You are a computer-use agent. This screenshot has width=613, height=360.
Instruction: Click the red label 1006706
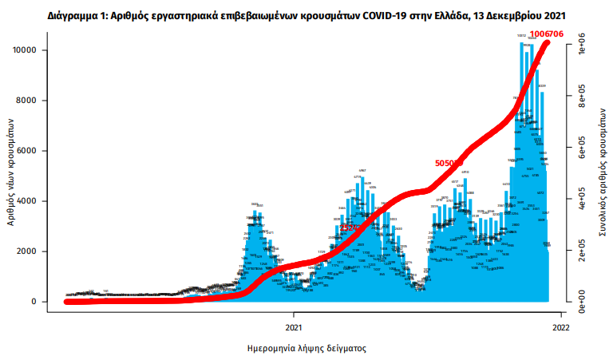tap(548, 33)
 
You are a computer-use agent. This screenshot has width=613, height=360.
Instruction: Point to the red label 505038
tap(449, 163)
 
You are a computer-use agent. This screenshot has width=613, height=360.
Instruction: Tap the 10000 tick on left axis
tap(32, 50)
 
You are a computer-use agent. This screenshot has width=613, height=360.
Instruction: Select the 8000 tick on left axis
tap(34, 101)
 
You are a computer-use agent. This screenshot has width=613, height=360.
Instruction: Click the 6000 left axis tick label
tap(34, 151)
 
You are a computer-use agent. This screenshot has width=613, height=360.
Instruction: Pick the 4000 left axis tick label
tap(34, 201)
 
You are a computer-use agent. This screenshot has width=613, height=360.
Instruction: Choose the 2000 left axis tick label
tap(34, 251)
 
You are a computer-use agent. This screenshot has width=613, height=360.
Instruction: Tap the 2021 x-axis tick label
tap(294, 326)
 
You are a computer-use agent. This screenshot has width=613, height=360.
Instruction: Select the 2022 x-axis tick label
tap(560, 326)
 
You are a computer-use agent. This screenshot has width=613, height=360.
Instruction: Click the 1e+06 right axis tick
tap(582, 46)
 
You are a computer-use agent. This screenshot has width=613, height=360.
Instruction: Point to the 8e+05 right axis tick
tap(582, 97)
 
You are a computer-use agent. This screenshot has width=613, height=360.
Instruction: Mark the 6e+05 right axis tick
tap(582, 149)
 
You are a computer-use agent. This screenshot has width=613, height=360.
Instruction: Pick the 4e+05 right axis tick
tap(582, 200)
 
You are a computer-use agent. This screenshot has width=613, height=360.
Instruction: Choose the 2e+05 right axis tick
tap(582, 251)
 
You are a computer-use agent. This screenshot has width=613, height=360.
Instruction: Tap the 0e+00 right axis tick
tap(582, 303)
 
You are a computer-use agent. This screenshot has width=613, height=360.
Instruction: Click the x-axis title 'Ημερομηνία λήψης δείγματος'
tap(306, 349)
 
